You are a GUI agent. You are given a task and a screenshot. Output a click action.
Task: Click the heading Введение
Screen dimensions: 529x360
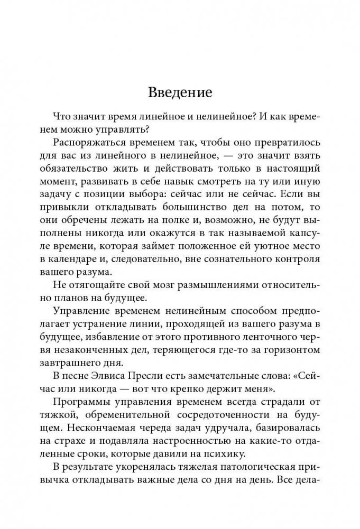(180, 94)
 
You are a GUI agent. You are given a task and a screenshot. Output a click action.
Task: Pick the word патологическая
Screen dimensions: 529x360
(233, 481)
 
